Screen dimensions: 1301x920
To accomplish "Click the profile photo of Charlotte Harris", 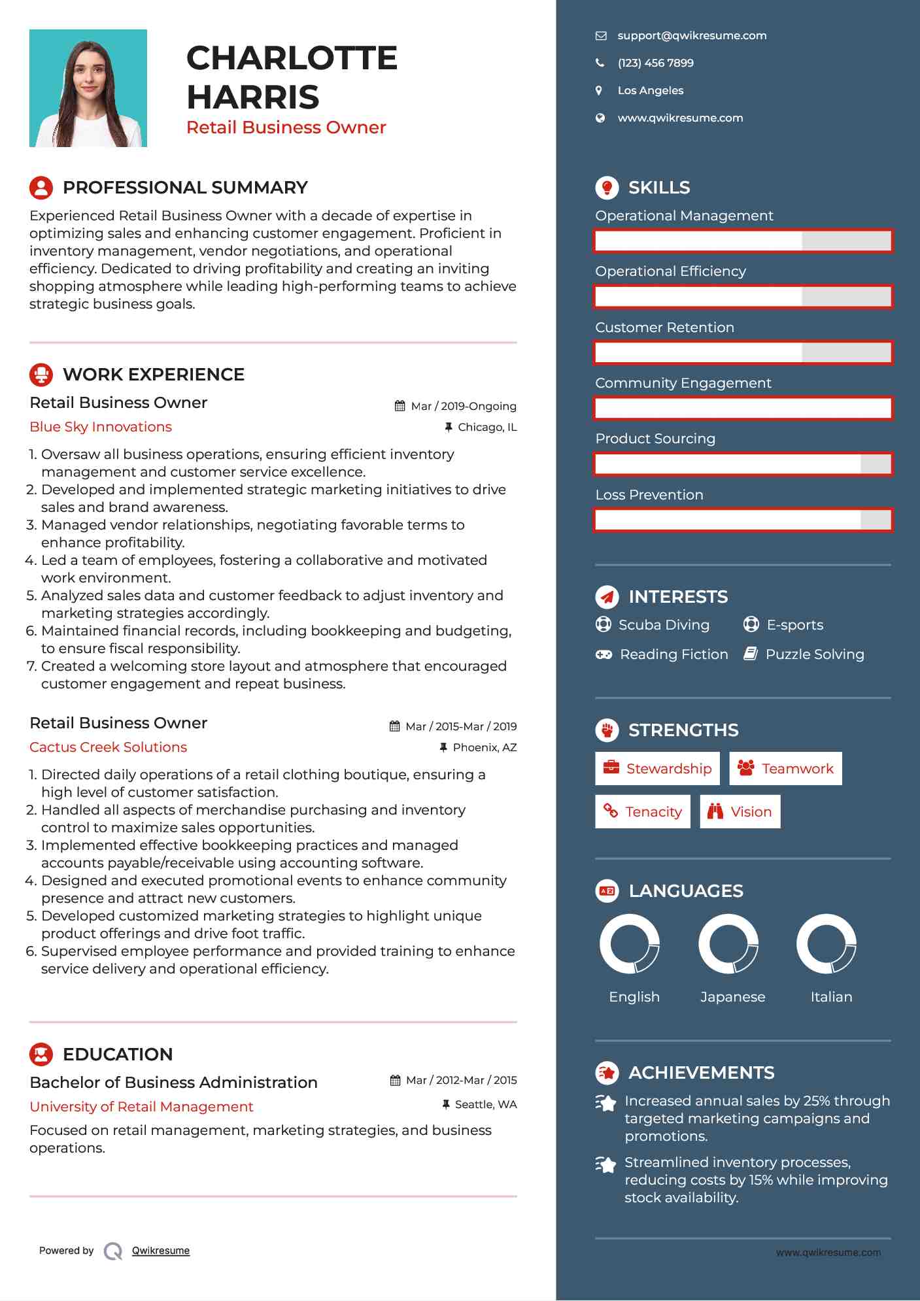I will (88, 88).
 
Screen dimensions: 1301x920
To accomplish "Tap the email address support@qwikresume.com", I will (692, 36).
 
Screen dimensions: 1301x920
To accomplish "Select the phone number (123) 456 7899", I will (655, 63).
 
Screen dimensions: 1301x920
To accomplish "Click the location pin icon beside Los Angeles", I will (599, 91).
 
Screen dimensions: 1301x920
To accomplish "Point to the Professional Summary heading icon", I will (41, 188).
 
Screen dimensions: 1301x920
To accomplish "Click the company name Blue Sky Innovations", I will (101, 427).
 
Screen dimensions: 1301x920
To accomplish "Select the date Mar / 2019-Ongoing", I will (463, 406).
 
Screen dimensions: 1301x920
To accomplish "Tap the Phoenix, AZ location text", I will (485, 747).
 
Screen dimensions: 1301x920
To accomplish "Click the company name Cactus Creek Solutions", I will (109, 747).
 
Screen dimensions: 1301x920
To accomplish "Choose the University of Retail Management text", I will (141, 1107).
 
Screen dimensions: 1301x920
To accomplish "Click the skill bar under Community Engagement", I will (743, 409).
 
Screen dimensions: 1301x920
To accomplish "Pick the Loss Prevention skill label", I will (649, 495).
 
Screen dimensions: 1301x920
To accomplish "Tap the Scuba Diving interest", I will (664, 625).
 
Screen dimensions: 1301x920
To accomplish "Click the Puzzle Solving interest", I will (815, 654).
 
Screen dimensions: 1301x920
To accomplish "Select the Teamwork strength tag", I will (785, 769).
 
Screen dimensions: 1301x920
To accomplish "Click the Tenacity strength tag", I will (643, 812).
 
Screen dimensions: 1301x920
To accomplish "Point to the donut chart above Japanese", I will (728, 944).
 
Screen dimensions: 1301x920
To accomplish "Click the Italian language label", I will (831, 997).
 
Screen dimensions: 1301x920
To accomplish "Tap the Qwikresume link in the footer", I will (161, 1251).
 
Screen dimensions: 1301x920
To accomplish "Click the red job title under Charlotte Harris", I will (286, 127).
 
